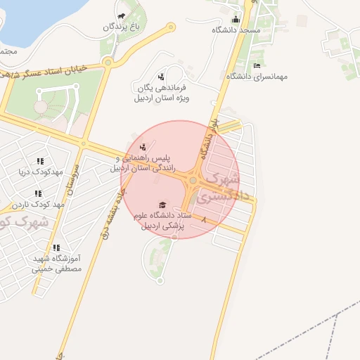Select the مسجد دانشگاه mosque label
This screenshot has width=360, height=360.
point(236,30)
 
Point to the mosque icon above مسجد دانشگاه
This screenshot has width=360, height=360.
point(236,20)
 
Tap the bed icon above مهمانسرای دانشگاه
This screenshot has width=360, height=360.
point(257,65)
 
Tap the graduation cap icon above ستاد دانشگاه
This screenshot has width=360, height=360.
point(163,205)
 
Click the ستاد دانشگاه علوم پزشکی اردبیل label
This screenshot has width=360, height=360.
point(162,221)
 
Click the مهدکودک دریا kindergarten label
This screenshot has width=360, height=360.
point(43,172)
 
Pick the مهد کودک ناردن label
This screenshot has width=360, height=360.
point(39,204)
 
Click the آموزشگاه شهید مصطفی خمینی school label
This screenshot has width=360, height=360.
point(57,263)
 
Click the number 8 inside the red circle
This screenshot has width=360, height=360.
point(204,221)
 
